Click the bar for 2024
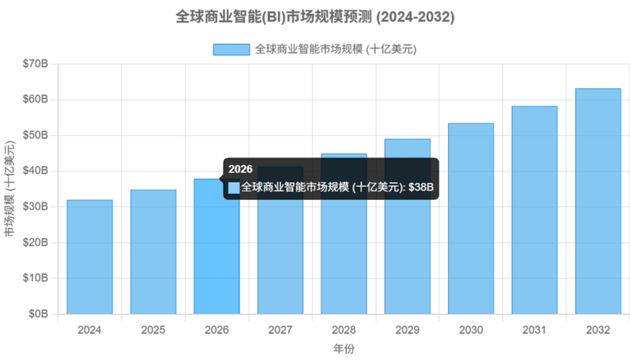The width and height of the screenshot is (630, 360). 90,257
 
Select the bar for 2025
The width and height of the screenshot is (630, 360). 153,252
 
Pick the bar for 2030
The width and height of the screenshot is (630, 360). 471,218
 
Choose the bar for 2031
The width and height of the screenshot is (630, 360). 535,210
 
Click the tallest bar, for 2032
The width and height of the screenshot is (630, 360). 598,201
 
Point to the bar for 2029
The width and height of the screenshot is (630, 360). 407,226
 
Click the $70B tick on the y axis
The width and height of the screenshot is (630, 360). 35,63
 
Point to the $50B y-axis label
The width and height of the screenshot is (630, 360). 35,135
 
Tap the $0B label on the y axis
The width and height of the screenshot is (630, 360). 38,314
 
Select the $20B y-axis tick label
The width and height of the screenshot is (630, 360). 35,242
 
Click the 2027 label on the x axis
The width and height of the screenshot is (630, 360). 280,330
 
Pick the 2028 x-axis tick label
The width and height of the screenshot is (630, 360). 344,330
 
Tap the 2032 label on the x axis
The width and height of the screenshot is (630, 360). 598,330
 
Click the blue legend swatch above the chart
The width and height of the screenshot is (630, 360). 231,49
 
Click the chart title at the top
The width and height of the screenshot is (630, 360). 315,17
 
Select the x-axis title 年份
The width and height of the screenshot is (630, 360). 344,349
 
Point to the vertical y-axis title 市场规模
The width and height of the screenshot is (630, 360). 9,189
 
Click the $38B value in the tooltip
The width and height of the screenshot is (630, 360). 421,187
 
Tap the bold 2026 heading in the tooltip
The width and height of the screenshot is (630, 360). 241,169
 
